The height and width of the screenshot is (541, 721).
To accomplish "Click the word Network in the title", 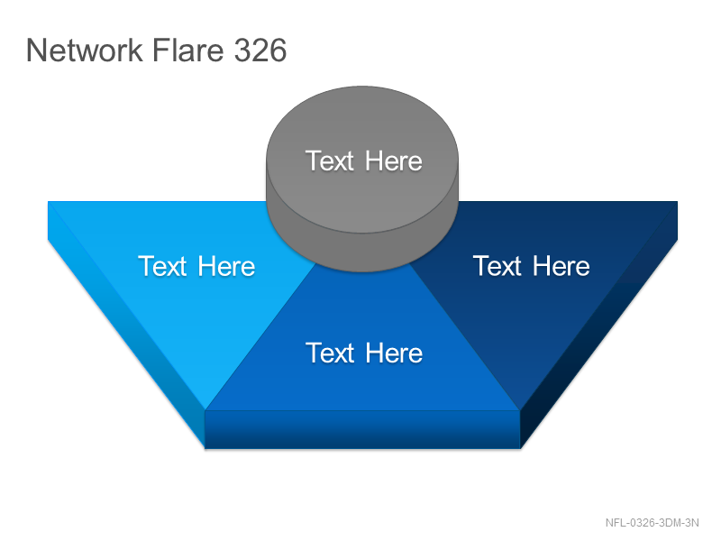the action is [x=85, y=50].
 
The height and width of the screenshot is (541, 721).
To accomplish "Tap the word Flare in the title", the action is [x=187, y=50].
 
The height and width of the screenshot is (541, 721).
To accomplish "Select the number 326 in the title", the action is [x=260, y=50].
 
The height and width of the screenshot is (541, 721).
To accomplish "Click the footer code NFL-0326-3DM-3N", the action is [x=652, y=523].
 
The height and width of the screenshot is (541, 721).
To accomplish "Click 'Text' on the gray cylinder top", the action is [x=330, y=161].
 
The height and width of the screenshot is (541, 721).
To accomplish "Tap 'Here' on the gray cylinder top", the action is [x=394, y=161].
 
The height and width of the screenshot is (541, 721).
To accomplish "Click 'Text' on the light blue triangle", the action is [x=162, y=266].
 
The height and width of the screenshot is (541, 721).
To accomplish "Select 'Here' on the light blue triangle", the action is [x=226, y=266].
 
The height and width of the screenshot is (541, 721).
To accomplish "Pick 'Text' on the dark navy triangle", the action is [x=497, y=266].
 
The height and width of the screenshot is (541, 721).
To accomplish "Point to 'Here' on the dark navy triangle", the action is [x=561, y=266].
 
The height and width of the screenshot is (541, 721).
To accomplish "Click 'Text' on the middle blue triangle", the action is [x=330, y=353].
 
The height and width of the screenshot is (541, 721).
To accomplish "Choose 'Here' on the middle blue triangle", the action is [x=394, y=353].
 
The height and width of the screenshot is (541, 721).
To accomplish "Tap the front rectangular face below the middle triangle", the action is [x=362, y=429].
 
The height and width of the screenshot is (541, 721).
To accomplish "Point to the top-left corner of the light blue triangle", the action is [x=49, y=201].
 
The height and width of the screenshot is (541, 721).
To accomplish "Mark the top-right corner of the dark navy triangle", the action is [x=678, y=201].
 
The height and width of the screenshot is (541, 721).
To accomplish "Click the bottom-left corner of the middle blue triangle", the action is [x=205, y=410].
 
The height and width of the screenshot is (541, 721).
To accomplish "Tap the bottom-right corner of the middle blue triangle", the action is [x=520, y=410].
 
